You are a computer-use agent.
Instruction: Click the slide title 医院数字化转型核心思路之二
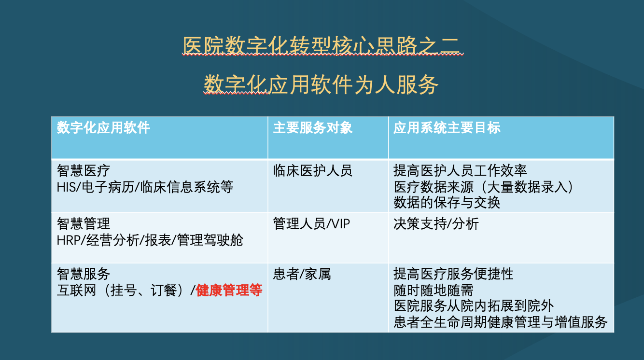322,46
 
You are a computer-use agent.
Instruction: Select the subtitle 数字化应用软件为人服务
321,85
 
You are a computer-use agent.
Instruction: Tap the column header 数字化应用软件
103,127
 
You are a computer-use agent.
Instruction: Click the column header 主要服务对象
312,127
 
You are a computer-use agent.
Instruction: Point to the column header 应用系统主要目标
447,127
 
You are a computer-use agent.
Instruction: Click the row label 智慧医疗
84,171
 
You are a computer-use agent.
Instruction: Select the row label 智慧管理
84,223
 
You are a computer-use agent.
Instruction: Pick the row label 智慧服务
84,274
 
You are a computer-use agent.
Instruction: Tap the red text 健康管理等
229,290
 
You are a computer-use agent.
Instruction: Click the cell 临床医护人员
312,171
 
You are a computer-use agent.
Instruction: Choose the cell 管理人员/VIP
311,223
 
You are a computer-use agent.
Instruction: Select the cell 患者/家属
302,274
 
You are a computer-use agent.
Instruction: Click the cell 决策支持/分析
436,223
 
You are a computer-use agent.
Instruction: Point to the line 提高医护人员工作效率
460,171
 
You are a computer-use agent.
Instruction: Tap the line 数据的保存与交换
447,203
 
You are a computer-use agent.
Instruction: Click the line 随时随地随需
433,290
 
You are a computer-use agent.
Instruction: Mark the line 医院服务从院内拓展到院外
474,305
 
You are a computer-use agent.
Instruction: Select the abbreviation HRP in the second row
69,240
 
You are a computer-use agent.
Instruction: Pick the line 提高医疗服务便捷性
453,274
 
